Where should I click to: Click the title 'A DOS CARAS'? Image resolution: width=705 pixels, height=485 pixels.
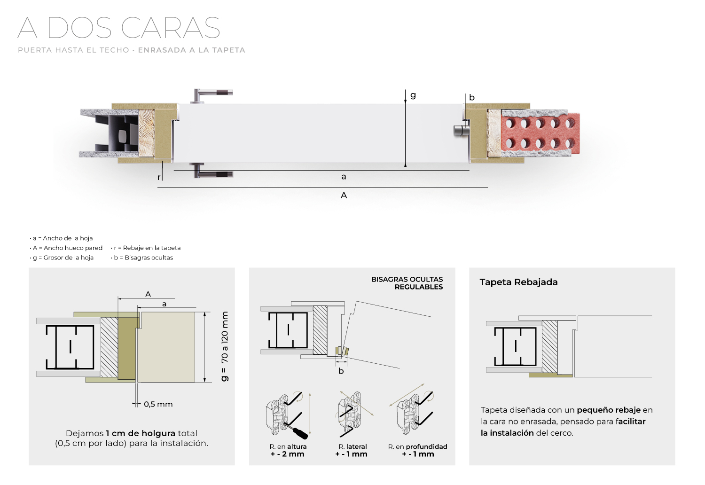coord(118,28)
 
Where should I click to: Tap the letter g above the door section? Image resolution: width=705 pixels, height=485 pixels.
coord(413,95)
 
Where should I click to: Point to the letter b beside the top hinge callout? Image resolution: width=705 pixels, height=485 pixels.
coord(471,97)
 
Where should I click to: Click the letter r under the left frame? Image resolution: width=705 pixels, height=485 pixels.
coord(159,178)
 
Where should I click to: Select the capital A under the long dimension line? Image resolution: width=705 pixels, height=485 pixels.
coord(344,196)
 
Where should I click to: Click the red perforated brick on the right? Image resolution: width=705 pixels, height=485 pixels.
coord(540,133)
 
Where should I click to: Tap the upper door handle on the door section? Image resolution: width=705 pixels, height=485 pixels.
coord(211,96)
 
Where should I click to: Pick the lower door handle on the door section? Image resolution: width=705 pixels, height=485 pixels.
coord(211,171)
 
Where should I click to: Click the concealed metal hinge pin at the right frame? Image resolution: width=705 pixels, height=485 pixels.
coord(460,131)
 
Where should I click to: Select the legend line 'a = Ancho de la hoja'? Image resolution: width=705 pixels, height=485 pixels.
coord(62,238)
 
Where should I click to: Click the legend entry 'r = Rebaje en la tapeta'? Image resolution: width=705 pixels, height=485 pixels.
coord(146,248)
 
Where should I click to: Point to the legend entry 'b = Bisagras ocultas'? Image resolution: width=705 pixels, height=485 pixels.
coord(142,258)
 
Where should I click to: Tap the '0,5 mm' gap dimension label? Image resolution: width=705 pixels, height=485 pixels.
coord(158,404)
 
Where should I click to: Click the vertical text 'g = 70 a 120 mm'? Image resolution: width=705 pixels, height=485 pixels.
coord(224,346)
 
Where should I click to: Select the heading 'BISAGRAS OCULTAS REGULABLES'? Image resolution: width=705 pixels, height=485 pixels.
coord(407,283)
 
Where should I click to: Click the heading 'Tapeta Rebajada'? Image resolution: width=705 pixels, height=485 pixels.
coord(519,282)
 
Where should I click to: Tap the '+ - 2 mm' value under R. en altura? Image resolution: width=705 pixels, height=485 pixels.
coord(287,454)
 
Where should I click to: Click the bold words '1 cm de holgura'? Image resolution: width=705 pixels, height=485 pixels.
coord(141,433)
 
